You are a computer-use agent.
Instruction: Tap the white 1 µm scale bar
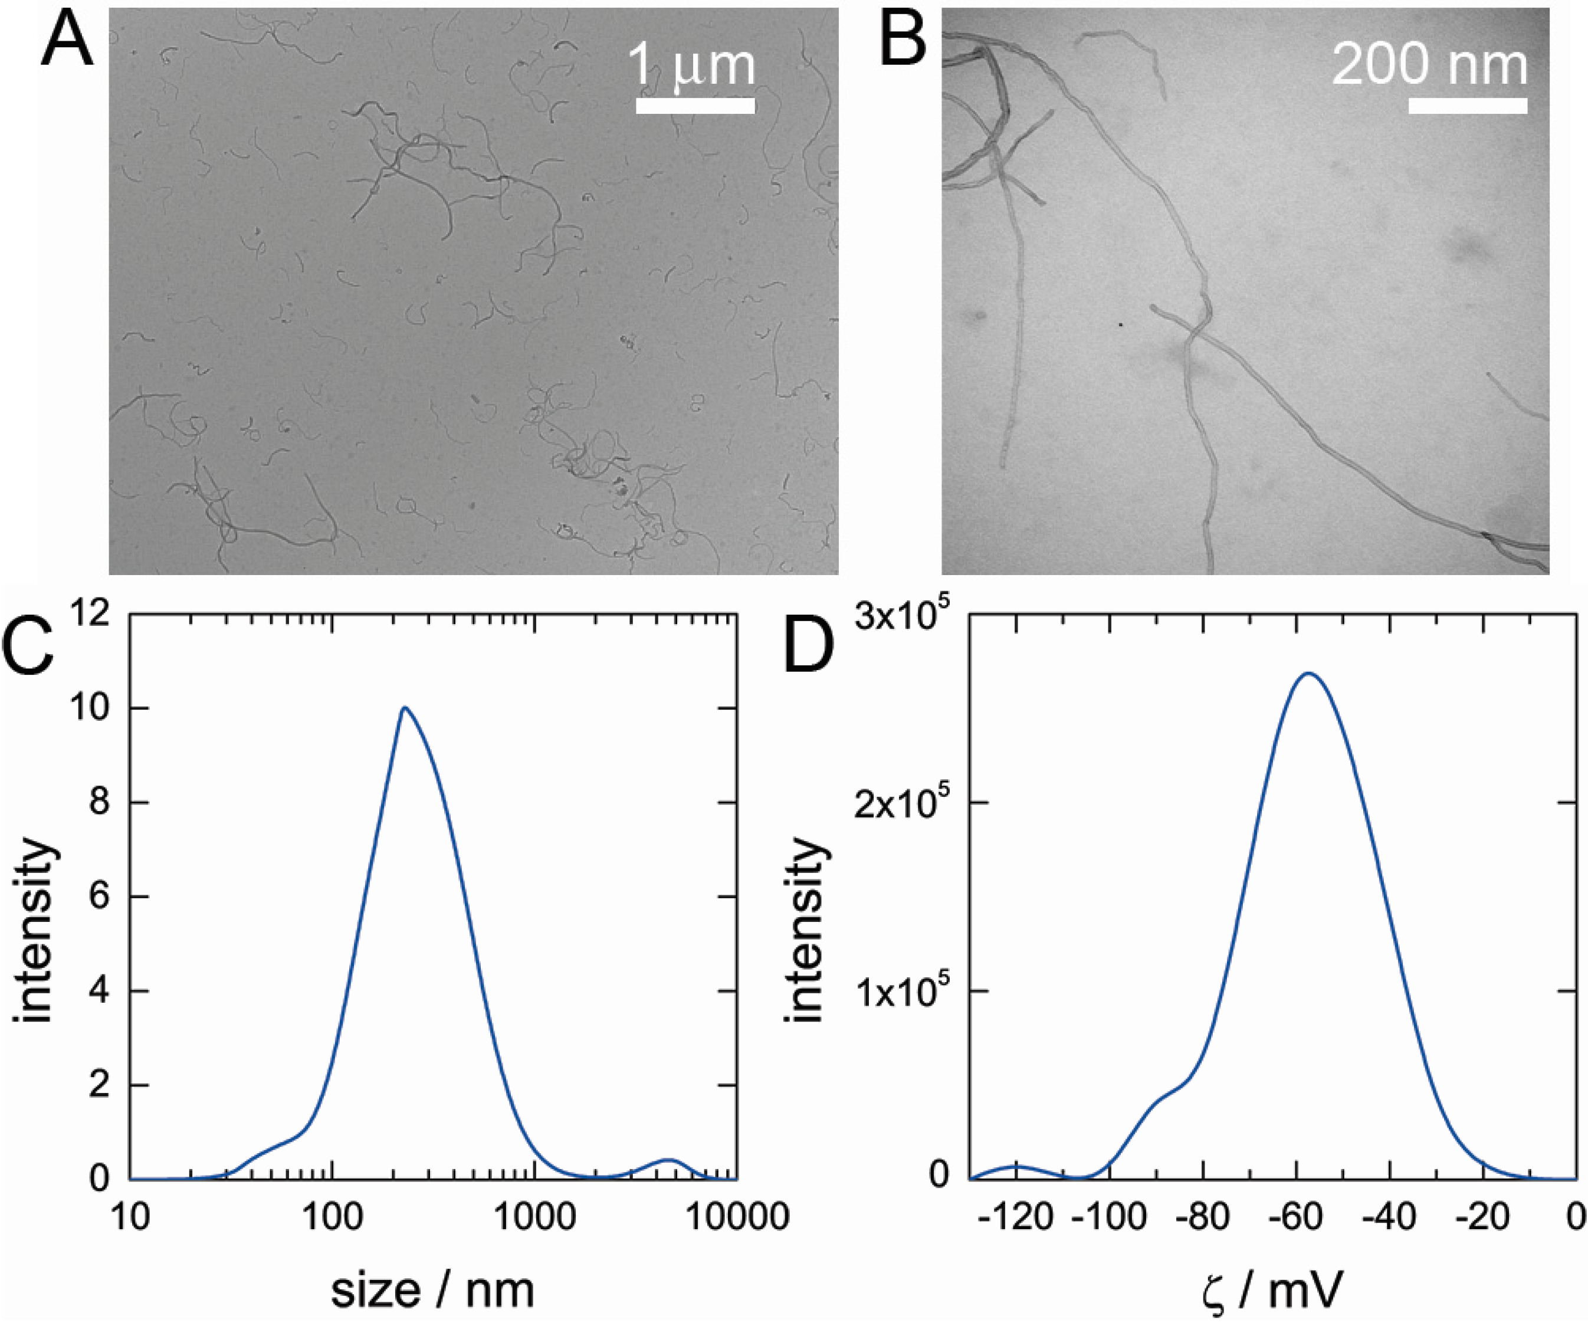[695, 106]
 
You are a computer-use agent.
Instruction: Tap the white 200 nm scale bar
[1467, 106]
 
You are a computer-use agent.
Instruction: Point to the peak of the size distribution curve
[405, 708]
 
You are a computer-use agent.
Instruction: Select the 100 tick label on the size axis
[331, 1218]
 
